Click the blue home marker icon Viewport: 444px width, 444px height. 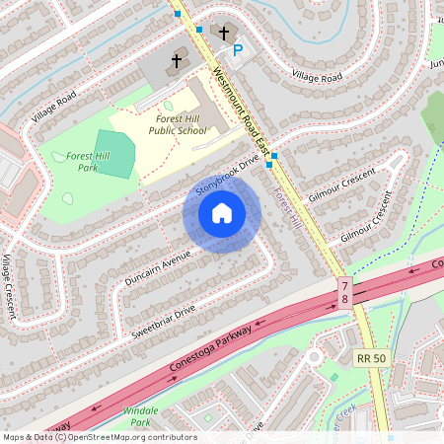(222, 213)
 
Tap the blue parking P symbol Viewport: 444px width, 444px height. (237, 49)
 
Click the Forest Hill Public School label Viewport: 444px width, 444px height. (178, 123)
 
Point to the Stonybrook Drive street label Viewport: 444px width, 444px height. (227, 173)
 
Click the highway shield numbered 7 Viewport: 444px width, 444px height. (345, 285)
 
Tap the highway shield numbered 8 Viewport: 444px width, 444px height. (345, 301)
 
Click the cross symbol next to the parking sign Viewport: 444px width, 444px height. (224, 33)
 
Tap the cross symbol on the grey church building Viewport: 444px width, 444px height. (177, 61)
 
